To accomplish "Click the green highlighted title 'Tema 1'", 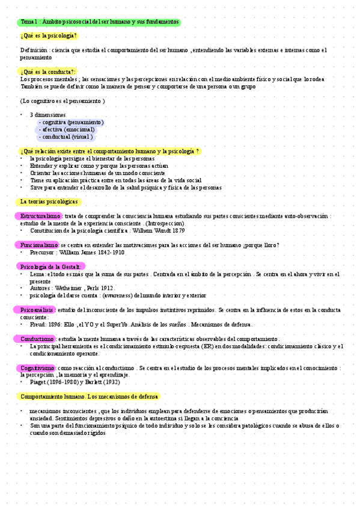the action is tap(99, 22).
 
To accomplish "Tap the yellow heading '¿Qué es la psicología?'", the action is tap(49, 36).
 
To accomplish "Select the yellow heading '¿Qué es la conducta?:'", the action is tap(48, 72).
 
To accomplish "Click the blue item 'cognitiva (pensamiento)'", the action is tap(70, 122).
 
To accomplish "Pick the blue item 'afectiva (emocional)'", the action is tap(67, 129).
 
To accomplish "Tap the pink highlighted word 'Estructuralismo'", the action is tap(40, 216).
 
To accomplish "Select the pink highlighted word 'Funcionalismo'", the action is tap(38, 245).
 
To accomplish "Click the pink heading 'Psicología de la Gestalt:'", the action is tap(50, 266).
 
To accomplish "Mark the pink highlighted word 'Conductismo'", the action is tap(37, 339).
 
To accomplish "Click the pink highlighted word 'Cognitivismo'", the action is tap(38, 367).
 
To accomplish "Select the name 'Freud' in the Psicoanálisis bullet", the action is tap(38, 324).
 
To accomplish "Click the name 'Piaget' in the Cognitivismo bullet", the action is tap(39, 382).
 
